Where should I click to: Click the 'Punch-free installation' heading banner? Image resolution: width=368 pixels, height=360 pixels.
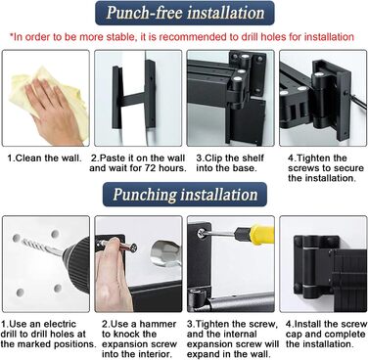[185, 13]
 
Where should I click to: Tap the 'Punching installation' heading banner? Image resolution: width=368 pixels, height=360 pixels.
[185, 195]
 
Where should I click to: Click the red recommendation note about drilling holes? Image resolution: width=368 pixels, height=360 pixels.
[181, 37]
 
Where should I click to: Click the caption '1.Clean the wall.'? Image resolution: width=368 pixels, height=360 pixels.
[44, 158]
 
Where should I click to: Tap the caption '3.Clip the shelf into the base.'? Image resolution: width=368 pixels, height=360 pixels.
[230, 163]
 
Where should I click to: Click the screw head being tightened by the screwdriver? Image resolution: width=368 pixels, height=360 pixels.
[203, 233]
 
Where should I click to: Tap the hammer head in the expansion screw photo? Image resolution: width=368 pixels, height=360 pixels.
[165, 253]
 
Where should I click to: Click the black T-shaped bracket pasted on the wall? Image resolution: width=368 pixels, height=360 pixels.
[134, 95]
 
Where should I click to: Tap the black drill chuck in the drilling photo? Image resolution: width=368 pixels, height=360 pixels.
[77, 263]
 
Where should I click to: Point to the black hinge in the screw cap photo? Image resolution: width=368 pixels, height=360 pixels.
[312, 267]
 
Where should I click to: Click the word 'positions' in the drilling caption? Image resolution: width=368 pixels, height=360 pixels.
[73, 344]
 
